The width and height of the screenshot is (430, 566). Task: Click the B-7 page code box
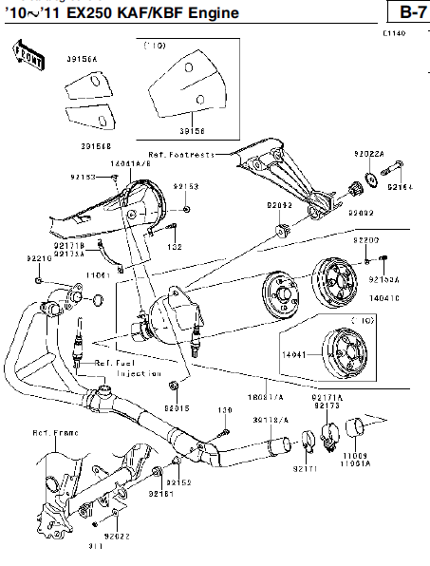point(408,12)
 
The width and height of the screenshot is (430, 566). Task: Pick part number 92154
point(400,188)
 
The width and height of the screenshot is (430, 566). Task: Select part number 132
point(175,247)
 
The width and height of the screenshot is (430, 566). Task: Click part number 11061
point(98,274)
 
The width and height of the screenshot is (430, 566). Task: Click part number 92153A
point(384,280)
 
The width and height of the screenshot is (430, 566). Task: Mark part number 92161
point(160,495)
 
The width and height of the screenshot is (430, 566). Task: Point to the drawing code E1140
point(394,33)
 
